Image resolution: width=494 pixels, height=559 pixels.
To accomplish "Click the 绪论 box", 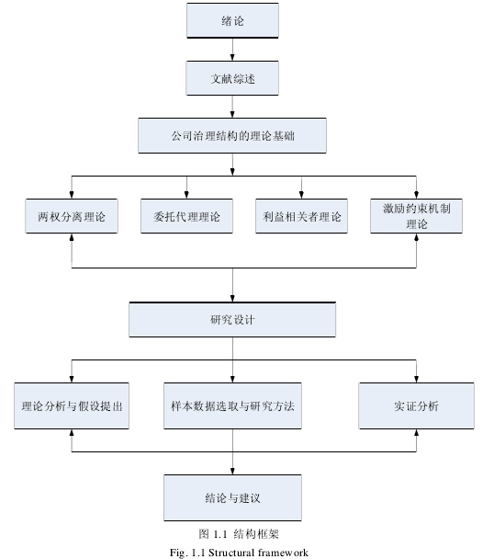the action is pos(232,20).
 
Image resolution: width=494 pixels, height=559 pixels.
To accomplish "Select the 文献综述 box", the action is pos(232,78).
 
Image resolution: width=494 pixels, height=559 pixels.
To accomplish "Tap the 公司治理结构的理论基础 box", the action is pos(232,135).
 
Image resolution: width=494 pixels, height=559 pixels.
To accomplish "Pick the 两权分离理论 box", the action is pos(72,216).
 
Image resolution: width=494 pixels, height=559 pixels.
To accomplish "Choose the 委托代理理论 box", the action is pos(186,216).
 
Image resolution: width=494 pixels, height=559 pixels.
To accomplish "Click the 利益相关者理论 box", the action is pos(301,216).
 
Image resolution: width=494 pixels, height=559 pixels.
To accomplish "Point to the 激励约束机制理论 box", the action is pos(416,216).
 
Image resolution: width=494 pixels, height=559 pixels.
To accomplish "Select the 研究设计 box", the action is pos(232,319).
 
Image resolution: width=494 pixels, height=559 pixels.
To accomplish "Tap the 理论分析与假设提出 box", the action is pos(72,405).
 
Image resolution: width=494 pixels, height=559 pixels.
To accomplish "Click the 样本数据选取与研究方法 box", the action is pos(232,405).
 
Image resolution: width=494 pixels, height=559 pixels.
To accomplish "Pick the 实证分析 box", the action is pos(416,405).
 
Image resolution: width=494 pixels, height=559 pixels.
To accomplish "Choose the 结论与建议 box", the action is pos(232,497).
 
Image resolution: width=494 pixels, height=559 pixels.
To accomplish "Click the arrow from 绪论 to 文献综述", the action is pos(232,50).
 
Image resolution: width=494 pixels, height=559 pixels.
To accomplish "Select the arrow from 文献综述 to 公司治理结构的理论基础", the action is pos(232,107).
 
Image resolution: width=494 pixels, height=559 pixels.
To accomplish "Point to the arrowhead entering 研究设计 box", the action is pos(232,299).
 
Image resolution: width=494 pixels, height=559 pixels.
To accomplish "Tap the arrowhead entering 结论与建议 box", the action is pos(232,471).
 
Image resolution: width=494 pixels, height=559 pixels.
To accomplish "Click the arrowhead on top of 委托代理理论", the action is pos(186,195).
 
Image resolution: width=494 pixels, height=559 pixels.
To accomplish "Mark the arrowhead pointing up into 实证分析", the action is pos(416,433).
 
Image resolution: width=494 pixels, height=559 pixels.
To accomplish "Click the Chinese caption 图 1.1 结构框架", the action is pos(239,533).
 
